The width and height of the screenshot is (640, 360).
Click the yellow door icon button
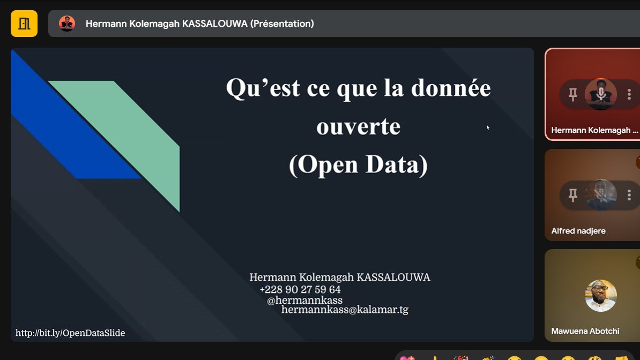tap(24, 24)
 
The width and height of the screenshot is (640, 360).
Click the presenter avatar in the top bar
tap(67, 24)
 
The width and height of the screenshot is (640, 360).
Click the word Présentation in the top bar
tap(282, 24)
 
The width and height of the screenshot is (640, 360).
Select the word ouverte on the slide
tap(358, 127)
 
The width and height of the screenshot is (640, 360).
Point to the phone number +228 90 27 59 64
tap(300, 289)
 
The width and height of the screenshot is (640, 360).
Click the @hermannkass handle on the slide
tap(304, 300)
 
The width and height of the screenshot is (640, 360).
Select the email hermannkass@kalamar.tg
tap(345, 310)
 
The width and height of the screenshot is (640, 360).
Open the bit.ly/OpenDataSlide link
tap(70, 333)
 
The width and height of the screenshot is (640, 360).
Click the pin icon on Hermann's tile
tap(573, 95)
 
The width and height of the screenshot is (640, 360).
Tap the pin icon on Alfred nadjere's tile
tap(573, 195)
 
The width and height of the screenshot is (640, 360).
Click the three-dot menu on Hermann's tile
tap(629, 95)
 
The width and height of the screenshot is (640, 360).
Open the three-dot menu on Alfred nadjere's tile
tap(629, 195)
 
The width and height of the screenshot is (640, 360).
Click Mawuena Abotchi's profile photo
tap(600, 296)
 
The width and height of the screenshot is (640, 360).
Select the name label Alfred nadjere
tap(578, 231)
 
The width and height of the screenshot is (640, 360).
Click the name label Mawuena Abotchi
tap(585, 331)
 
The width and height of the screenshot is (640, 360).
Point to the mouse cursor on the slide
tap(488, 127)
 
